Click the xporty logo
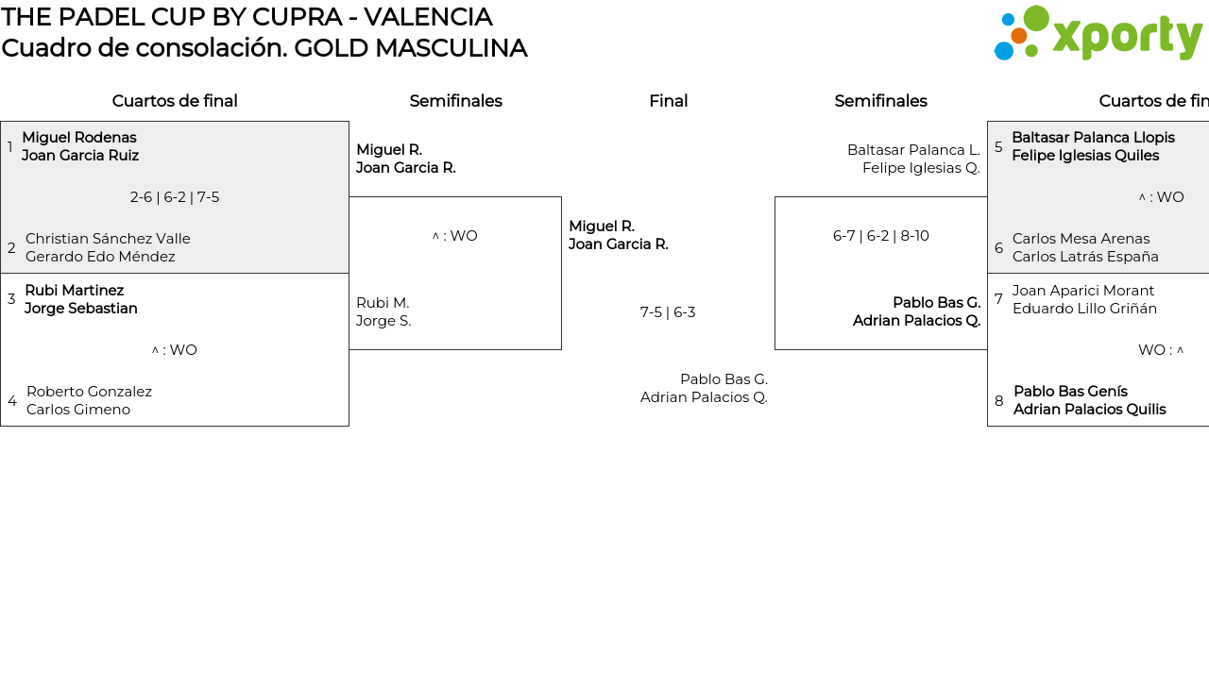coord(1098,34)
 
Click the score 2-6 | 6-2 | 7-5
coord(175,197)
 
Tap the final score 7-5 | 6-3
coord(668,312)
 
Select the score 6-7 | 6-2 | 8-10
coord(880,236)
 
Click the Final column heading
coord(668,101)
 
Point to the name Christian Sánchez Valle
coord(108,239)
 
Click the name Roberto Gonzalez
coord(89,392)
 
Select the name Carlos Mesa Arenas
coord(1081,239)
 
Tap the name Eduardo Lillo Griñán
coord(1084,309)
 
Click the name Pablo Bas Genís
coord(1070,392)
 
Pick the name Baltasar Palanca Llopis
coord(1093,138)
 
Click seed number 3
coord(11,299)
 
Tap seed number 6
coord(998,248)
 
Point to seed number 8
coord(998,401)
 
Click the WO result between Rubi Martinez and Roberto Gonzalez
coord(175,350)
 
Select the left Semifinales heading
coord(455,101)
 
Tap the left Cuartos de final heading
coord(175,101)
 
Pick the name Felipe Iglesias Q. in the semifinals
coord(921,168)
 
